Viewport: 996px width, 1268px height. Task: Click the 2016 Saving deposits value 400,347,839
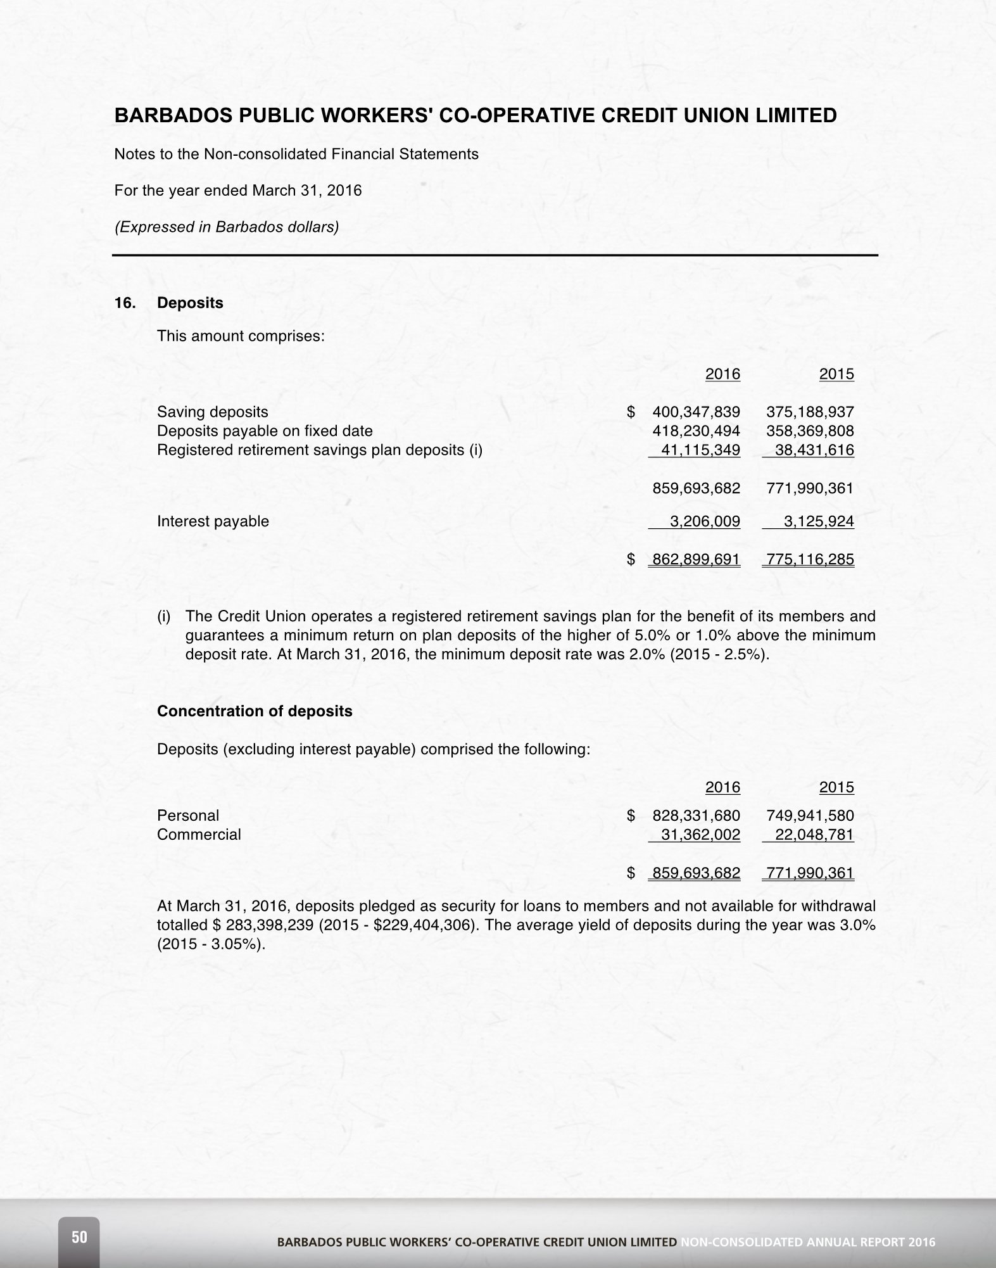click(696, 412)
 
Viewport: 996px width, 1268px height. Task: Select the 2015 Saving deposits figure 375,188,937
click(810, 412)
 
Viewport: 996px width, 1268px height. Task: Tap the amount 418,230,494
click(696, 431)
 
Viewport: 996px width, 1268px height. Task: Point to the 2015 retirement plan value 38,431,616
click(814, 450)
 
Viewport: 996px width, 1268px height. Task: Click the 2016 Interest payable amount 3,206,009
click(705, 522)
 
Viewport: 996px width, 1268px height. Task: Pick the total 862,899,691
click(696, 560)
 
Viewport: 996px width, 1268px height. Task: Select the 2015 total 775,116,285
click(810, 560)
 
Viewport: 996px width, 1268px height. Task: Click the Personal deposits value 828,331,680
click(696, 816)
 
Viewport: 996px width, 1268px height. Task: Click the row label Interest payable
click(213, 522)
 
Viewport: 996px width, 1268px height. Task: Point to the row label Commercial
click(199, 835)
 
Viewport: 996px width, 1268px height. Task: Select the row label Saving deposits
click(213, 412)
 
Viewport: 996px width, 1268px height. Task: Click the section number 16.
click(125, 303)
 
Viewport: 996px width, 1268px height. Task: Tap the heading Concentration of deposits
click(255, 712)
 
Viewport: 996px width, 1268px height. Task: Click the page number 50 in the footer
click(79, 1237)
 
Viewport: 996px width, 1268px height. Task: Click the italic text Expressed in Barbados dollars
click(226, 227)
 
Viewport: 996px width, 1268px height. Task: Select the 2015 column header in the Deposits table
click(836, 374)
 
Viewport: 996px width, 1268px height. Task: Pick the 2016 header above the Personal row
click(722, 788)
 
